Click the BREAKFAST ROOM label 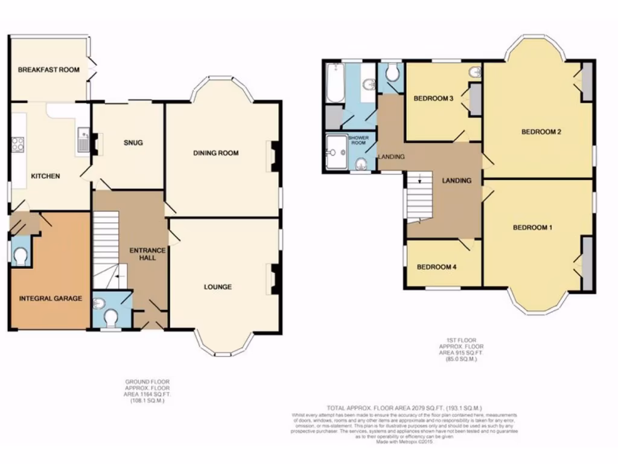49,69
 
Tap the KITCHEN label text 45,176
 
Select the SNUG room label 133,143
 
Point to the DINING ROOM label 215,153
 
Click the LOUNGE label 217,287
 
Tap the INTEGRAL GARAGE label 50,298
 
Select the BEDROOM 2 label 541,132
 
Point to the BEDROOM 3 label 433,98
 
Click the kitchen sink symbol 83,140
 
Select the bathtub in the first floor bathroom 334,85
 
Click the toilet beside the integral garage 20,257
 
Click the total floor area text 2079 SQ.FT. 404,408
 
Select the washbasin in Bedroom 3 474,72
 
